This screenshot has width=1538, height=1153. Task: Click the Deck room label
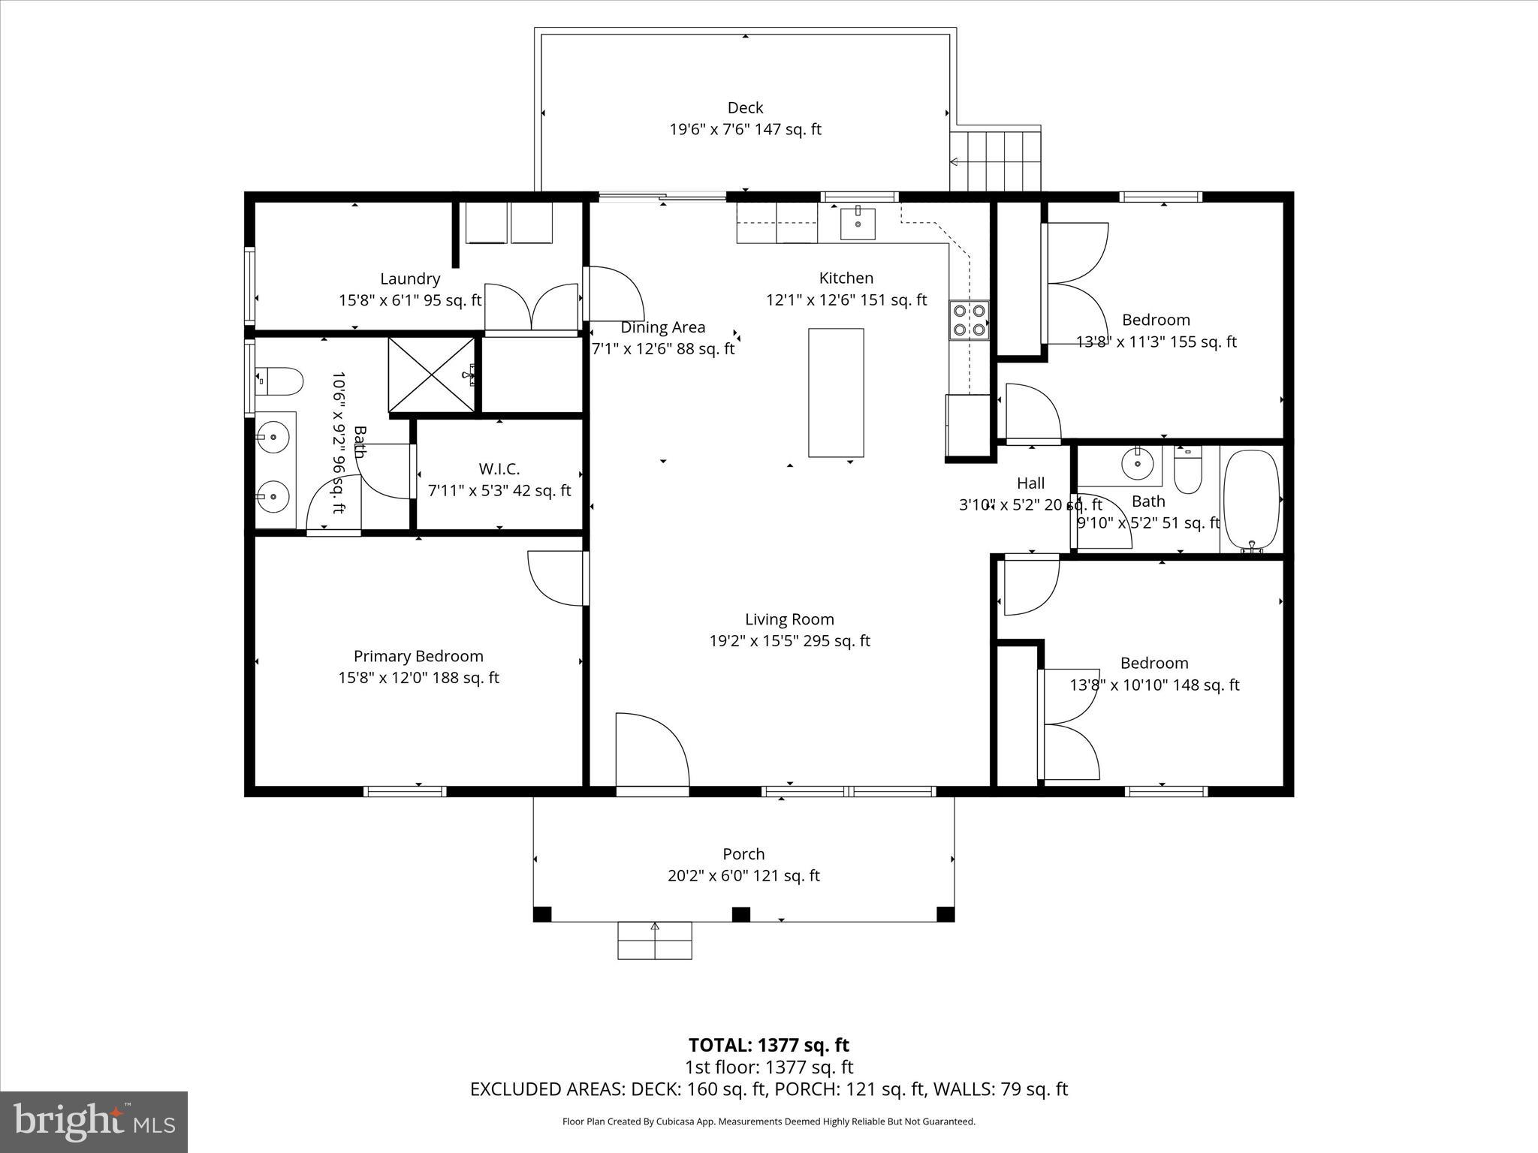(x=745, y=107)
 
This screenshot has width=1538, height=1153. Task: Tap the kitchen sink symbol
(x=858, y=223)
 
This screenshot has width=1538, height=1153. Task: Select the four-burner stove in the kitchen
(x=970, y=320)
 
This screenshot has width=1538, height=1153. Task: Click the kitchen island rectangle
(x=836, y=392)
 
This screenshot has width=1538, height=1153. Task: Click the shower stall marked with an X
(x=432, y=375)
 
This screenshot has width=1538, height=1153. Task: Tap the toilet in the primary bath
(x=279, y=381)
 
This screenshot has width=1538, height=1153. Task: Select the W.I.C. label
(x=499, y=469)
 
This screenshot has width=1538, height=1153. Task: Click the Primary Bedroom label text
(x=418, y=656)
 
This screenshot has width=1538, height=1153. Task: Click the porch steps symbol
(x=655, y=941)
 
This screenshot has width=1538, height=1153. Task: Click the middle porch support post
(x=741, y=914)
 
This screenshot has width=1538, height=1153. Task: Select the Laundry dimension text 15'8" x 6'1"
(x=410, y=300)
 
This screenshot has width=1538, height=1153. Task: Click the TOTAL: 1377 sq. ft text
(x=768, y=1045)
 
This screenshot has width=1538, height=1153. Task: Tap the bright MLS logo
(x=94, y=1121)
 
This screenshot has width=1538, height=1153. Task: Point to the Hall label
(x=1030, y=483)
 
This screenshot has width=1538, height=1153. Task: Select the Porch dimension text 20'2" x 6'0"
(x=743, y=875)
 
